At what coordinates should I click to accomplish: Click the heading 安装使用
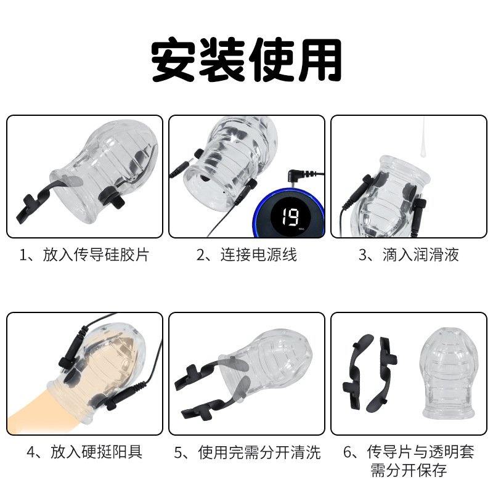click(246, 60)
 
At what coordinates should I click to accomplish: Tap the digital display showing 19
click(290, 217)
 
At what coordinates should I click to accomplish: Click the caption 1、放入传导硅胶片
click(84, 255)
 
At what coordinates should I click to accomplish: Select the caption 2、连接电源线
click(246, 255)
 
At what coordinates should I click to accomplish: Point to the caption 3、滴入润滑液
click(409, 255)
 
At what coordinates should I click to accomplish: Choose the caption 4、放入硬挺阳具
click(84, 452)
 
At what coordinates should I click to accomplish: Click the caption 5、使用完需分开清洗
click(247, 452)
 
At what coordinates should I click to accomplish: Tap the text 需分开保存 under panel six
click(409, 471)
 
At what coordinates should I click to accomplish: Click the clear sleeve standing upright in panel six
click(448, 373)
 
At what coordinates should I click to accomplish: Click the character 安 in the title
click(174, 60)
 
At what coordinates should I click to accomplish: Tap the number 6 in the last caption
click(347, 452)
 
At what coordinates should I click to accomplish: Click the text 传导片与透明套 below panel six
click(420, 452)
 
